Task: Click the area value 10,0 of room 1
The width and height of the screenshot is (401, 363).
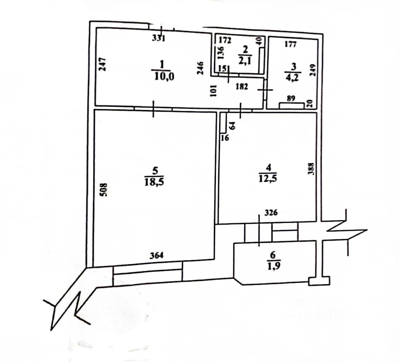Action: (162, 76)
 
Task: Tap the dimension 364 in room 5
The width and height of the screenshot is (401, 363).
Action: (157, 255)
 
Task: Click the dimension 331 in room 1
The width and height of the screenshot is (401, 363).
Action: (158, 39)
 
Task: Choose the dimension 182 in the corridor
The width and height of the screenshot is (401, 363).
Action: (242, 87)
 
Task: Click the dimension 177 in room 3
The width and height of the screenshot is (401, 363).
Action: (291, 44)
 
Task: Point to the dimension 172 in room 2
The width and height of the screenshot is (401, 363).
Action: (225, 40)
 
